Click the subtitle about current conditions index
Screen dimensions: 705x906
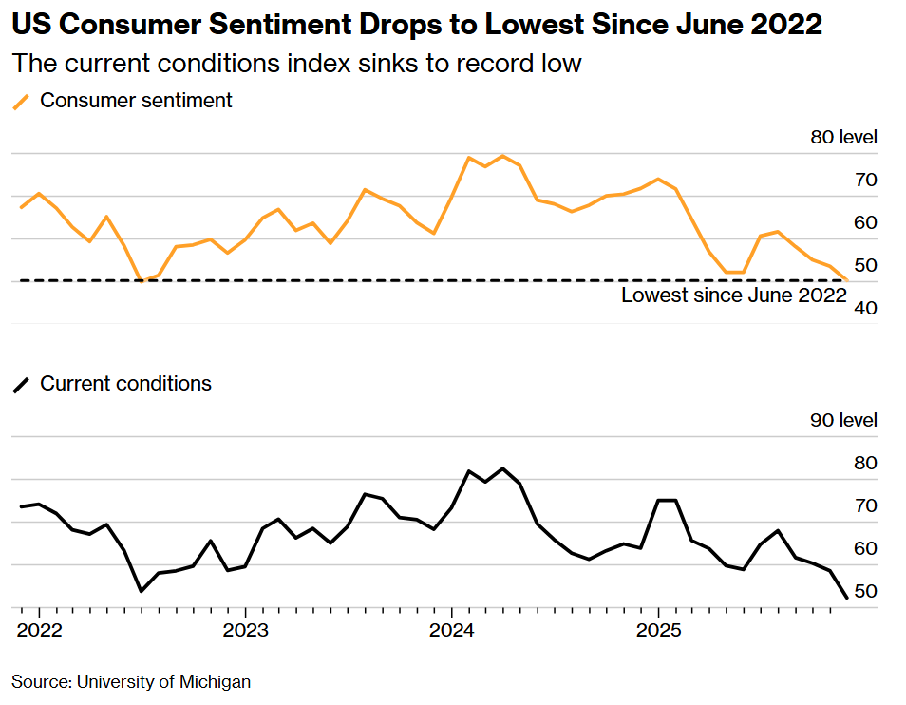295,64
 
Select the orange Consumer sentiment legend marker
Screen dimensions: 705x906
21,101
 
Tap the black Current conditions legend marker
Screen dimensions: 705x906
21,385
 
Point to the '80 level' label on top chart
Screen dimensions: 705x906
843,138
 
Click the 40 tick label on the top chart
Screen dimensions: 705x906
865,308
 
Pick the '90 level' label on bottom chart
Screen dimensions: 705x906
843,421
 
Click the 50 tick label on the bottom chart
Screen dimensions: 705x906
865,591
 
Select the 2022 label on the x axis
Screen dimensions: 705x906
39,631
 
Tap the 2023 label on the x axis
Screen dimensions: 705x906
245,631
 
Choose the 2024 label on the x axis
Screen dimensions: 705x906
451,631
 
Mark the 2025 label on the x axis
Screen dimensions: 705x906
657,631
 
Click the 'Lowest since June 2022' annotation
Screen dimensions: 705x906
733,295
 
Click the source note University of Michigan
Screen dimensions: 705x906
131,681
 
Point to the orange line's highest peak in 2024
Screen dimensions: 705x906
502,156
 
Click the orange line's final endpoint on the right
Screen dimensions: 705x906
846,279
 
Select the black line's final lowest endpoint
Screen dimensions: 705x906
846,598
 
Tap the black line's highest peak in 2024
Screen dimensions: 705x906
502,468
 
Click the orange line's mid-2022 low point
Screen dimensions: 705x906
142,280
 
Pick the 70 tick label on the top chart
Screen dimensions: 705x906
865,180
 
